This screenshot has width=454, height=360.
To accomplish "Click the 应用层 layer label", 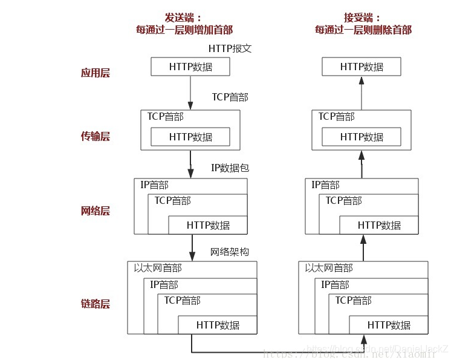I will pyautogui.click(x=96, y=73).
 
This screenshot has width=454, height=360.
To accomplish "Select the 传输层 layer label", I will pyautogui.click(x=96, y=136).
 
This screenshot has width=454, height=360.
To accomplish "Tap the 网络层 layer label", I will pyautogui.click(x=96, y=211).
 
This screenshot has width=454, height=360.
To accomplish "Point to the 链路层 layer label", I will pyautogui.click(x=96, y=304).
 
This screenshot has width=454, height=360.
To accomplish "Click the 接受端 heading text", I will pyautogui.click(x=362, y=18).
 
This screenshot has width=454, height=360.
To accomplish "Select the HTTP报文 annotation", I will pyautogui.click(x=230, y=48).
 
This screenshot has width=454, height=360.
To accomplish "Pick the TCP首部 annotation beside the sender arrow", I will pyautogui.click(x=230, y=97).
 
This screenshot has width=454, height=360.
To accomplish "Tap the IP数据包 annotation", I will pyautogui.click(x=230, y=168).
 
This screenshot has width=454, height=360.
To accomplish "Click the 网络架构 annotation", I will pyautogui.click(x=230, y=252).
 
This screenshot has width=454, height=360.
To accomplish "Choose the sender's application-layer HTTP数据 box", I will pyautogui.click(x=190, y=67).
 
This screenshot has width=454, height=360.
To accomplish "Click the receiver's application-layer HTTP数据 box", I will pyautogui.click(x=362, y=67).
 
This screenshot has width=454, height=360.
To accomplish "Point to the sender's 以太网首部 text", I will pyautogui.click(x=157, y=267).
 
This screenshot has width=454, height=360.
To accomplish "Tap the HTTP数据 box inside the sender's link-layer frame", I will pyautogui.click(x=218, y=325).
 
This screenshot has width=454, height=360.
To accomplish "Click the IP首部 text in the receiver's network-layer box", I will pyautogui.click(x=325, y=185).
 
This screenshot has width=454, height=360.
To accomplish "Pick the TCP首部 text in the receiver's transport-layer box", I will pyautogui.click(x=336, y=116).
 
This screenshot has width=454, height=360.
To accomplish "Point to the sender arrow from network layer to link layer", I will pyautogui.click(x=192, y=247).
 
